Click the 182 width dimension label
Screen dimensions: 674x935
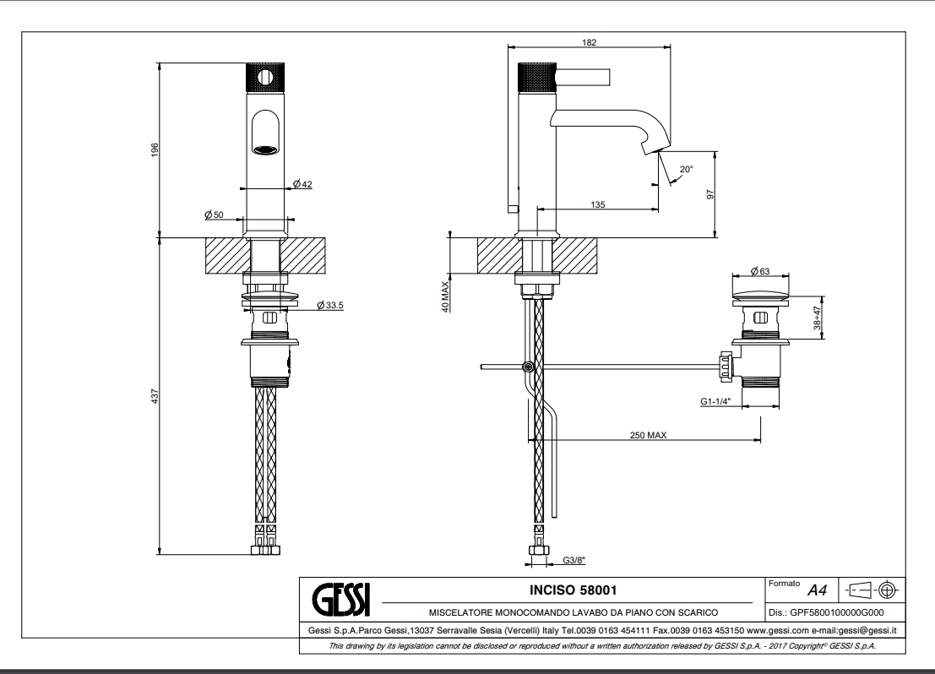[x=590, y=42]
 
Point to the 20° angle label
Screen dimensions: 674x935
[x=686, y=170]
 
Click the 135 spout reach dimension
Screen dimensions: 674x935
[x=597, y=204]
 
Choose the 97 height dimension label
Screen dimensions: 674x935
[x=710, y=193]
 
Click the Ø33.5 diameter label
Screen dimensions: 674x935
[x=329, y=305]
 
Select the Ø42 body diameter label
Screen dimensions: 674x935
[x=302, y=184]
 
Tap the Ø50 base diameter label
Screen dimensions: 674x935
[x=214, y=215]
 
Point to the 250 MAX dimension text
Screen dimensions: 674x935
[x=648, y=435]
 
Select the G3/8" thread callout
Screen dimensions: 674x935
[x=574, y=559]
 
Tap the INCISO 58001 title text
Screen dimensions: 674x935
[x=573, y=589]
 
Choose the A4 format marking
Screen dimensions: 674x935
[x=817, y=590]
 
